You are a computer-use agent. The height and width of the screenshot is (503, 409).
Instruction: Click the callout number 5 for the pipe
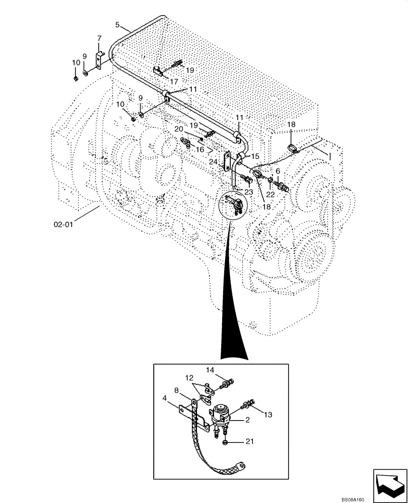[x=117, y=24]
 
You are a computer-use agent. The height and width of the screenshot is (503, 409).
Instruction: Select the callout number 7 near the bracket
[x=99, y=38]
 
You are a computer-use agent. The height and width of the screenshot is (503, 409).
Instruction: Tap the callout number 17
[x=174, y=81]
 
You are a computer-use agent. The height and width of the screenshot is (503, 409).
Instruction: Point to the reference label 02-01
[x=63, y=225]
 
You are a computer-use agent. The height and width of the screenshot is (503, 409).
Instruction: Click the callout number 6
[x=277, y=171]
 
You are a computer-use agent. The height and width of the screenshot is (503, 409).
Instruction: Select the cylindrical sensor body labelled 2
[x=222, y=414]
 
